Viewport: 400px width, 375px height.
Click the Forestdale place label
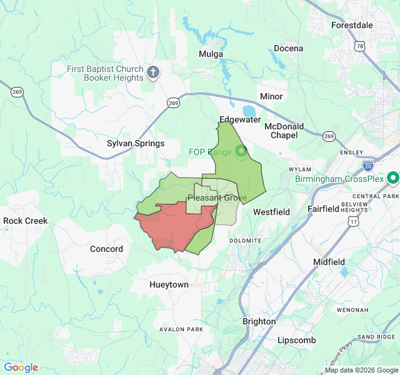[351, 25]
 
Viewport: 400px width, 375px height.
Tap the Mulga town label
[211, 54]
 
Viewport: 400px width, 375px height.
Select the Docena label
[288, 48]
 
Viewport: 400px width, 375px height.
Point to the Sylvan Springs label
[136, 143]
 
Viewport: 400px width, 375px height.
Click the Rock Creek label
[26, 221]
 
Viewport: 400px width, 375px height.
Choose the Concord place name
[106, 249]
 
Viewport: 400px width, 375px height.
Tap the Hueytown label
[169, 284]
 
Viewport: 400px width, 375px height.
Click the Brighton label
[259, 321]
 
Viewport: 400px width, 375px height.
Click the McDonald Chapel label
[284, 131]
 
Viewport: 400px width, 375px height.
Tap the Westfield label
[271, 212]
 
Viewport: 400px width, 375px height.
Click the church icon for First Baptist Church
[153, 74]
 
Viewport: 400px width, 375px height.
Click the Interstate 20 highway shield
[368, 166]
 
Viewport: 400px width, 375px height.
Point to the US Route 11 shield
[354, 222]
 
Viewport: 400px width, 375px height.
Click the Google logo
[21, 367]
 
